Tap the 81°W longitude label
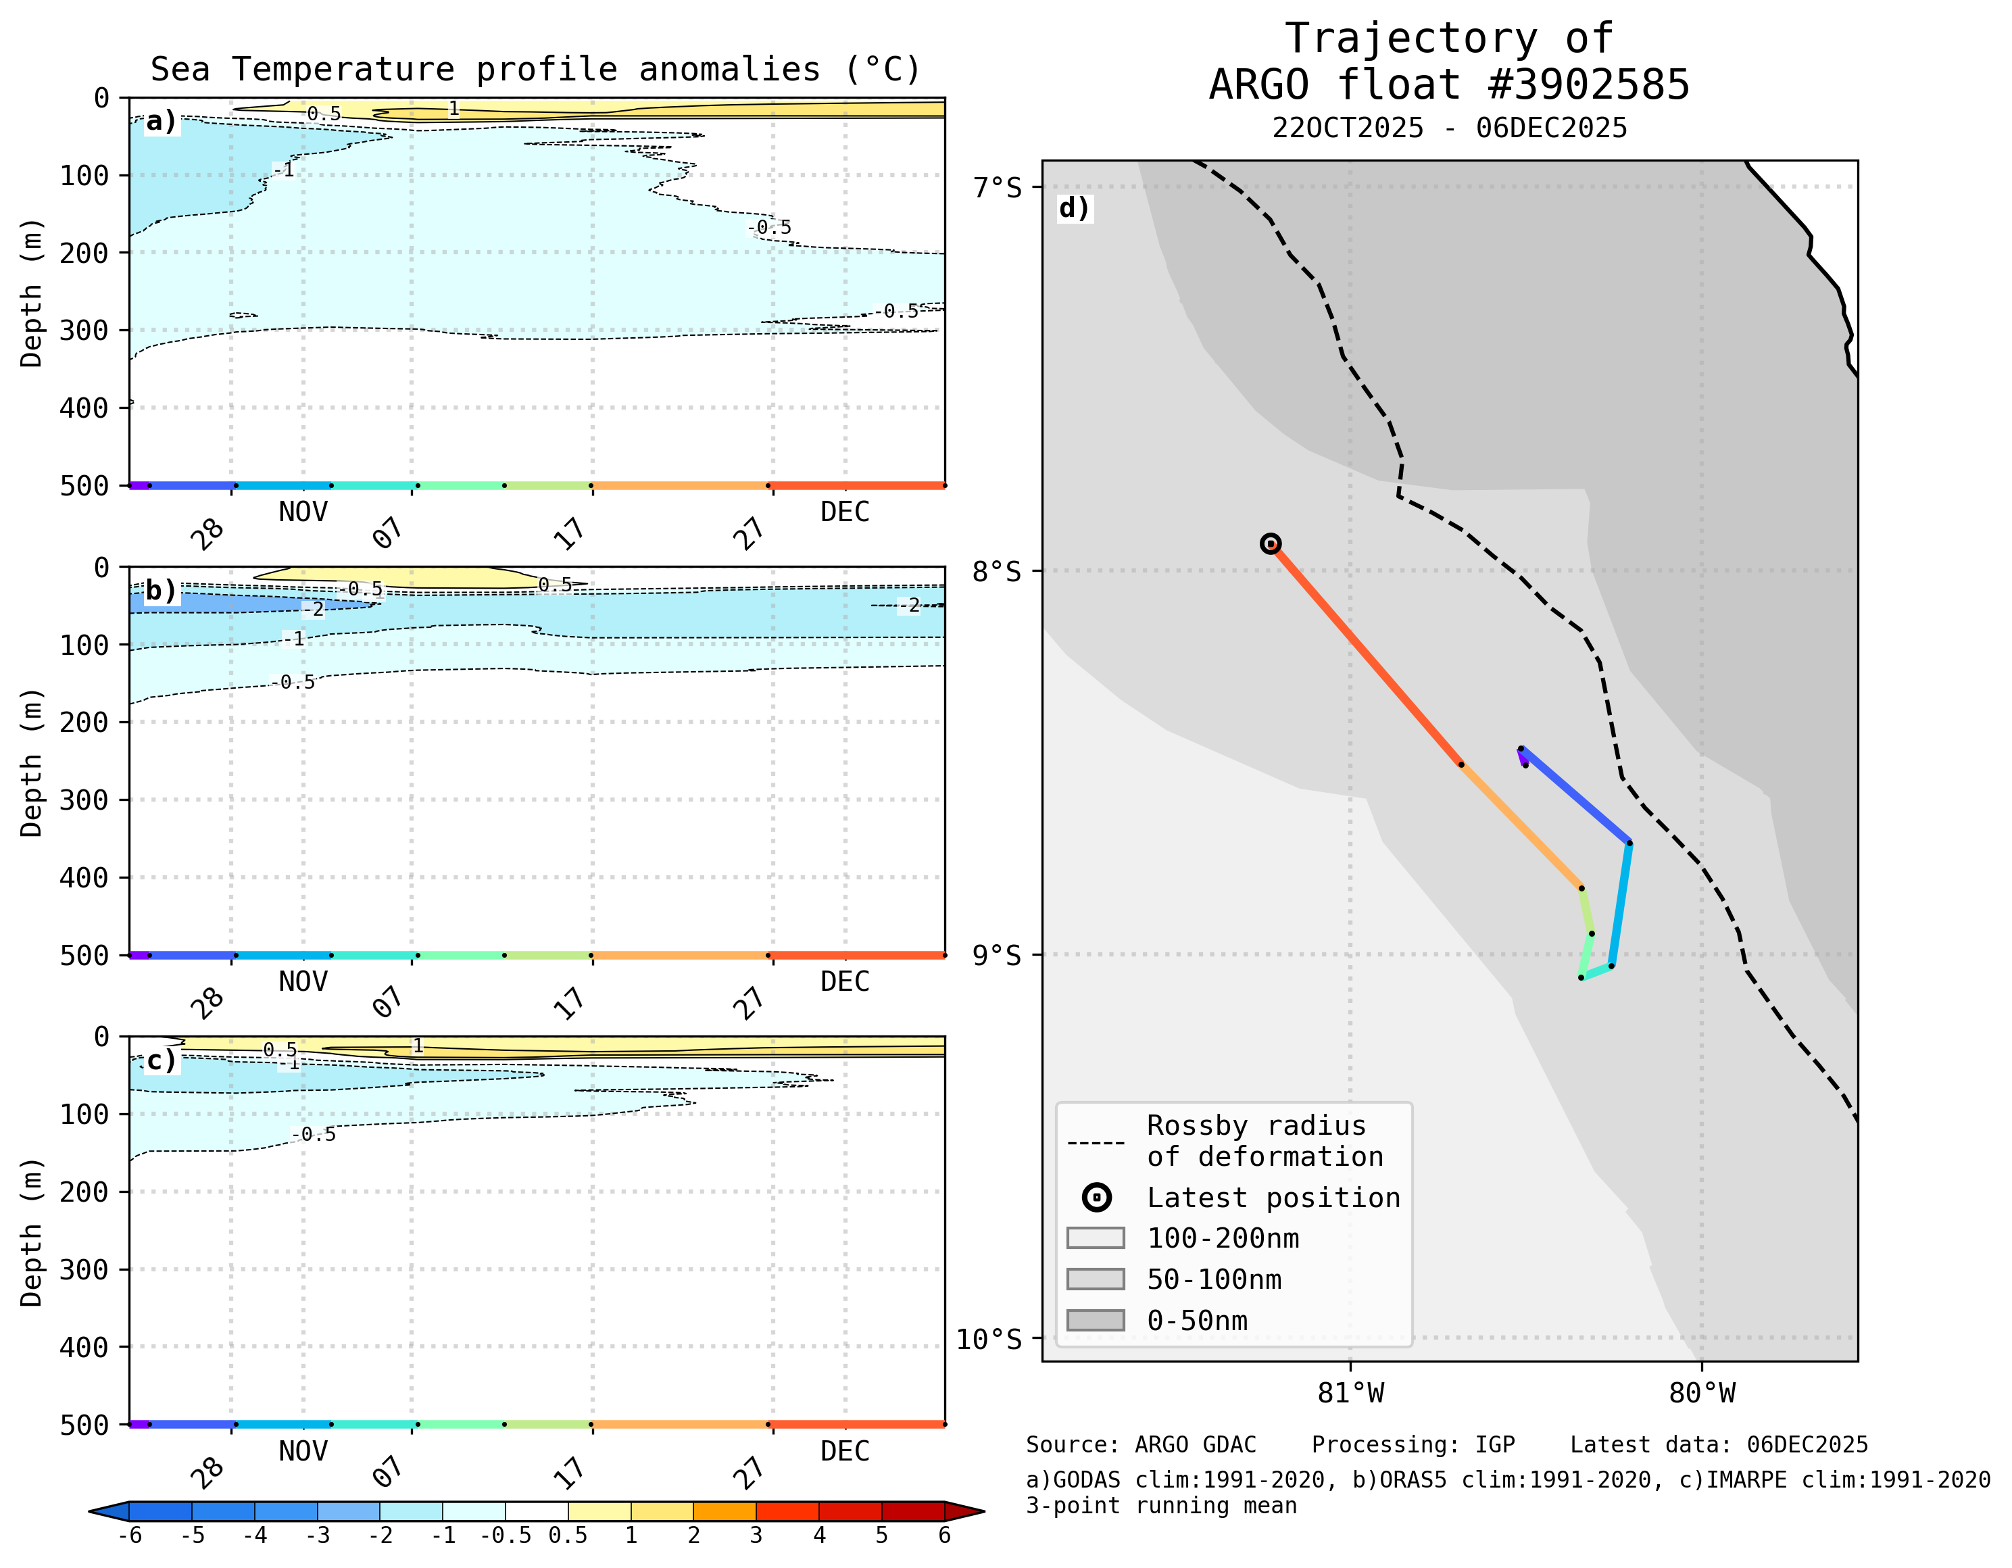[1350, 1393]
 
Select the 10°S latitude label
[989, 1339]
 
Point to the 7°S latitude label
[997, 187]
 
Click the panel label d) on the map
[1073, 208]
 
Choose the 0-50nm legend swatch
[1096, 1320]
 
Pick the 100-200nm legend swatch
[1096, 1238]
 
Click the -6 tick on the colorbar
[130, 1536]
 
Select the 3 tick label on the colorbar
[756, 1536]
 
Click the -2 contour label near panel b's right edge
[909, 606]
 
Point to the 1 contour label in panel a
[453, 109]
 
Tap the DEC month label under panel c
[845, 1451]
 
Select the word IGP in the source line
[1494, 1444]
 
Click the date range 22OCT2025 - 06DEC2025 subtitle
[1449, 128]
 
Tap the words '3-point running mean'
[1161, 1505]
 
